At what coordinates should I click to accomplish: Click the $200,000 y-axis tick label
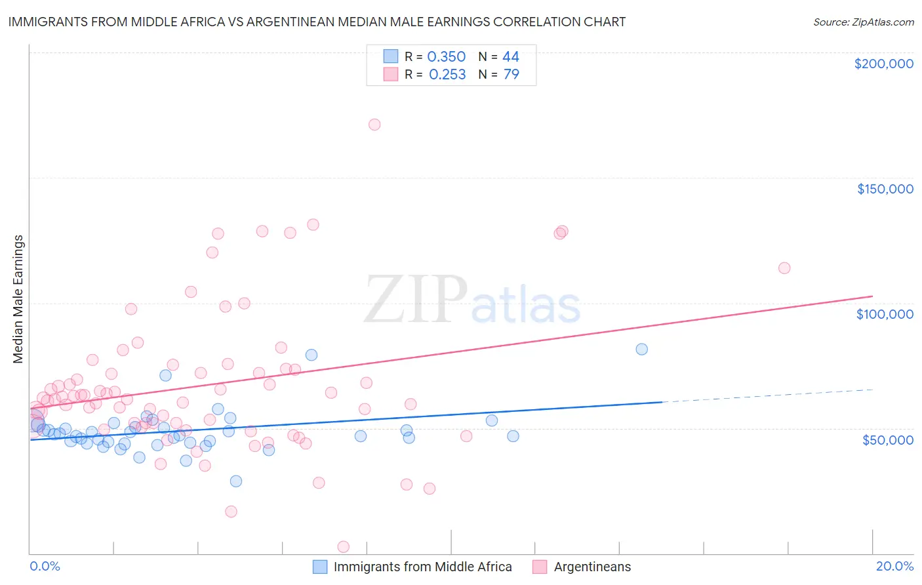(883, 64)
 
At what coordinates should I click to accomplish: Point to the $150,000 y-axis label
(885, 189)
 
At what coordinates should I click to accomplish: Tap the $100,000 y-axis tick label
(885, 314)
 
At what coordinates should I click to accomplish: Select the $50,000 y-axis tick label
(887, 439)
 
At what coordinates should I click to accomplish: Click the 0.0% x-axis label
(45, 566)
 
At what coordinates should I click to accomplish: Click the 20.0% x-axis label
(894, 566)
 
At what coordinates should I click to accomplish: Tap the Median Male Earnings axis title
(18, 298)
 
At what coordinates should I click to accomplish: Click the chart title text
(317, 22)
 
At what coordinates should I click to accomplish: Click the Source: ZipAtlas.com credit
(863, 22)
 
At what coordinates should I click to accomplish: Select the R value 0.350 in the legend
(446, 57)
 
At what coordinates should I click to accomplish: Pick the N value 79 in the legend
(511, 74)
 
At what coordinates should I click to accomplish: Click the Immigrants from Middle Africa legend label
(422, 567)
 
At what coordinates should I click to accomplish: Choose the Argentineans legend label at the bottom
(592, 567)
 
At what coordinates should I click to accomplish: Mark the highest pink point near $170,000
(374, 125)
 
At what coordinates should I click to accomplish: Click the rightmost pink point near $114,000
(784, 268)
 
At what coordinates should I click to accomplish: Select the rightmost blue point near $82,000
(642, 349)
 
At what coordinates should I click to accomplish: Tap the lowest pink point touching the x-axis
(343, 546)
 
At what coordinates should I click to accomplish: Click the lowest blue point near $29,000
(236, 481)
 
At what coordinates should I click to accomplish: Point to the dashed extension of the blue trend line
(767, 395)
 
